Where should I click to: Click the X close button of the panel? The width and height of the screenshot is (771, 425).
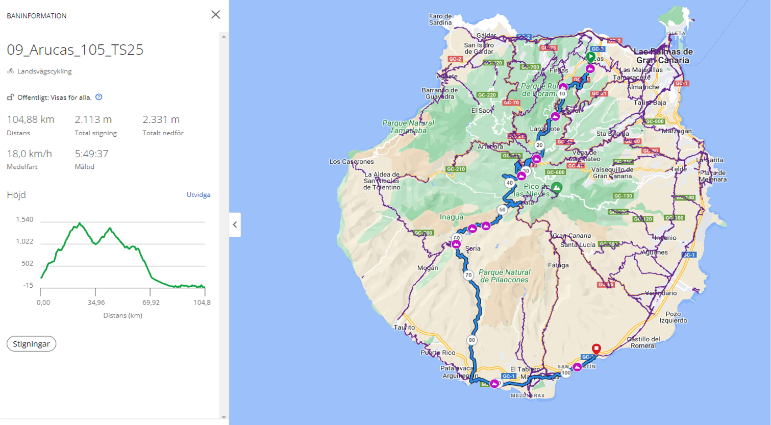pyautogui.click(x=215, y=15)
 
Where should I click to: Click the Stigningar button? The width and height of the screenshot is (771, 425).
pyautogui.click(x=31, y=344)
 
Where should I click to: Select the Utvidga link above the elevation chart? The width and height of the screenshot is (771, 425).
pyautogui.click(x=198, y=194)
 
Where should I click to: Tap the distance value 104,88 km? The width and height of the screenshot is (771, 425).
pyautogui.click(x=31, y=119)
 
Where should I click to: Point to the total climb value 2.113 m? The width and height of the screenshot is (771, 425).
pyautogui.click(x=93, y=119)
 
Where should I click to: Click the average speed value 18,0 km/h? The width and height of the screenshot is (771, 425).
pyautogui.click(x=29, y=154)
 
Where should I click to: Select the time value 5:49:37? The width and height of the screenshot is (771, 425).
pyautogui.click(x=91, y=154)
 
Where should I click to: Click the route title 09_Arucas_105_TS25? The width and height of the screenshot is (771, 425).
pyautogui.click(x=75, y=49)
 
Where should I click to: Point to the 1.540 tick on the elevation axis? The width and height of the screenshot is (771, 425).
pyautogui.click(x=24, y=219)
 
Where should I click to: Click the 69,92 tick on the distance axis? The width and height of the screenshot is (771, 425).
pyautogui.click(x=151, y=302)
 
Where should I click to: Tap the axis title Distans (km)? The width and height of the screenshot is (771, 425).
pyautogui.click(x=122, y=315)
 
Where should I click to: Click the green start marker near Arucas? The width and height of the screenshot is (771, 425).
pyautogui.click(x=590, y=57)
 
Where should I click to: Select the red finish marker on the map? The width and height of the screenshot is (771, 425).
pyautogui.click(x=596, y=348)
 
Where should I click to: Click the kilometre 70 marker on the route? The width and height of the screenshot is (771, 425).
pyautogui.click(x=468, y=275)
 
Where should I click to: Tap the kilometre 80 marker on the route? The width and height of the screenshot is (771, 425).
pyautogui.click(x=471, y=340)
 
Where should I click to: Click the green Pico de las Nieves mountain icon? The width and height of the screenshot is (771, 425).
pyautogui.click(x=557, y=188)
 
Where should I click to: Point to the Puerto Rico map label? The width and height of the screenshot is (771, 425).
pyautogui.click(x=438, y=353)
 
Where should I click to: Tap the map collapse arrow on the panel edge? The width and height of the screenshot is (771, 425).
pyautogui.click(x=235, y=224)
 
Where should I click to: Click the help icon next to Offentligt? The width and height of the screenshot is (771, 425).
pyautogui.click(x=99, y=97)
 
